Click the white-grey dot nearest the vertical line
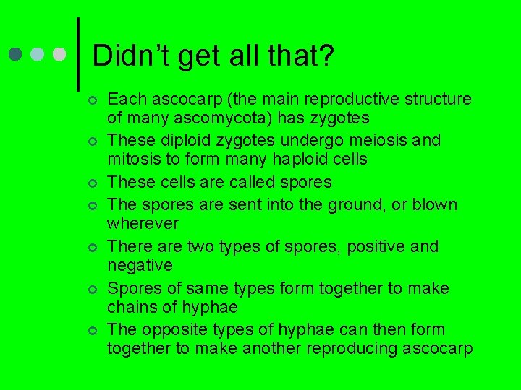coord(59,55)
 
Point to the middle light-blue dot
coord(38,55)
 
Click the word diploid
coord(174,140)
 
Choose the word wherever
coord(143,223)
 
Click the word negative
coord(140,265)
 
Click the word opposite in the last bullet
coord(167,329)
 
